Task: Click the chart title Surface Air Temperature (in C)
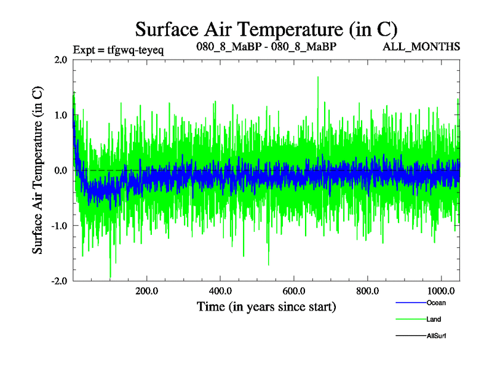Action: coord(266,29)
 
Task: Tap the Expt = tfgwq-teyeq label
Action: coord(118,49)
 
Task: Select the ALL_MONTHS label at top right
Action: coord(421,47)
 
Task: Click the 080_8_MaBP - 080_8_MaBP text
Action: coord(266,47)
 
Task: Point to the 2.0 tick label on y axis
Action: coord(61,60)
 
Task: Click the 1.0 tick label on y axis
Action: coord(61,115)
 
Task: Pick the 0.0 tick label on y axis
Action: coord(61,170)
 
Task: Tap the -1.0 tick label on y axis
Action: coord(60,226)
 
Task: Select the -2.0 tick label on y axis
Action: coord(60,281)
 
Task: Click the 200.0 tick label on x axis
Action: coord(146,291)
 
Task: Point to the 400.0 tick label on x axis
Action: coord(220,291)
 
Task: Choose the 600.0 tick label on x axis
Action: coord(293,291)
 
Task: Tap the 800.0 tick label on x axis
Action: coord(367,291)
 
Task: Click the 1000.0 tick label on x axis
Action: coord(440,291)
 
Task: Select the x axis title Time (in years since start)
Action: coord(266,306)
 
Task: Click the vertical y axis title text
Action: coord(38,170)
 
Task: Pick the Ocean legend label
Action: coord(435,303)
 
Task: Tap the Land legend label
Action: coord(433,319)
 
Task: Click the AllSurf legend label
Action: coord(435,336)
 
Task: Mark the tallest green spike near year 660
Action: coord(317,77)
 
